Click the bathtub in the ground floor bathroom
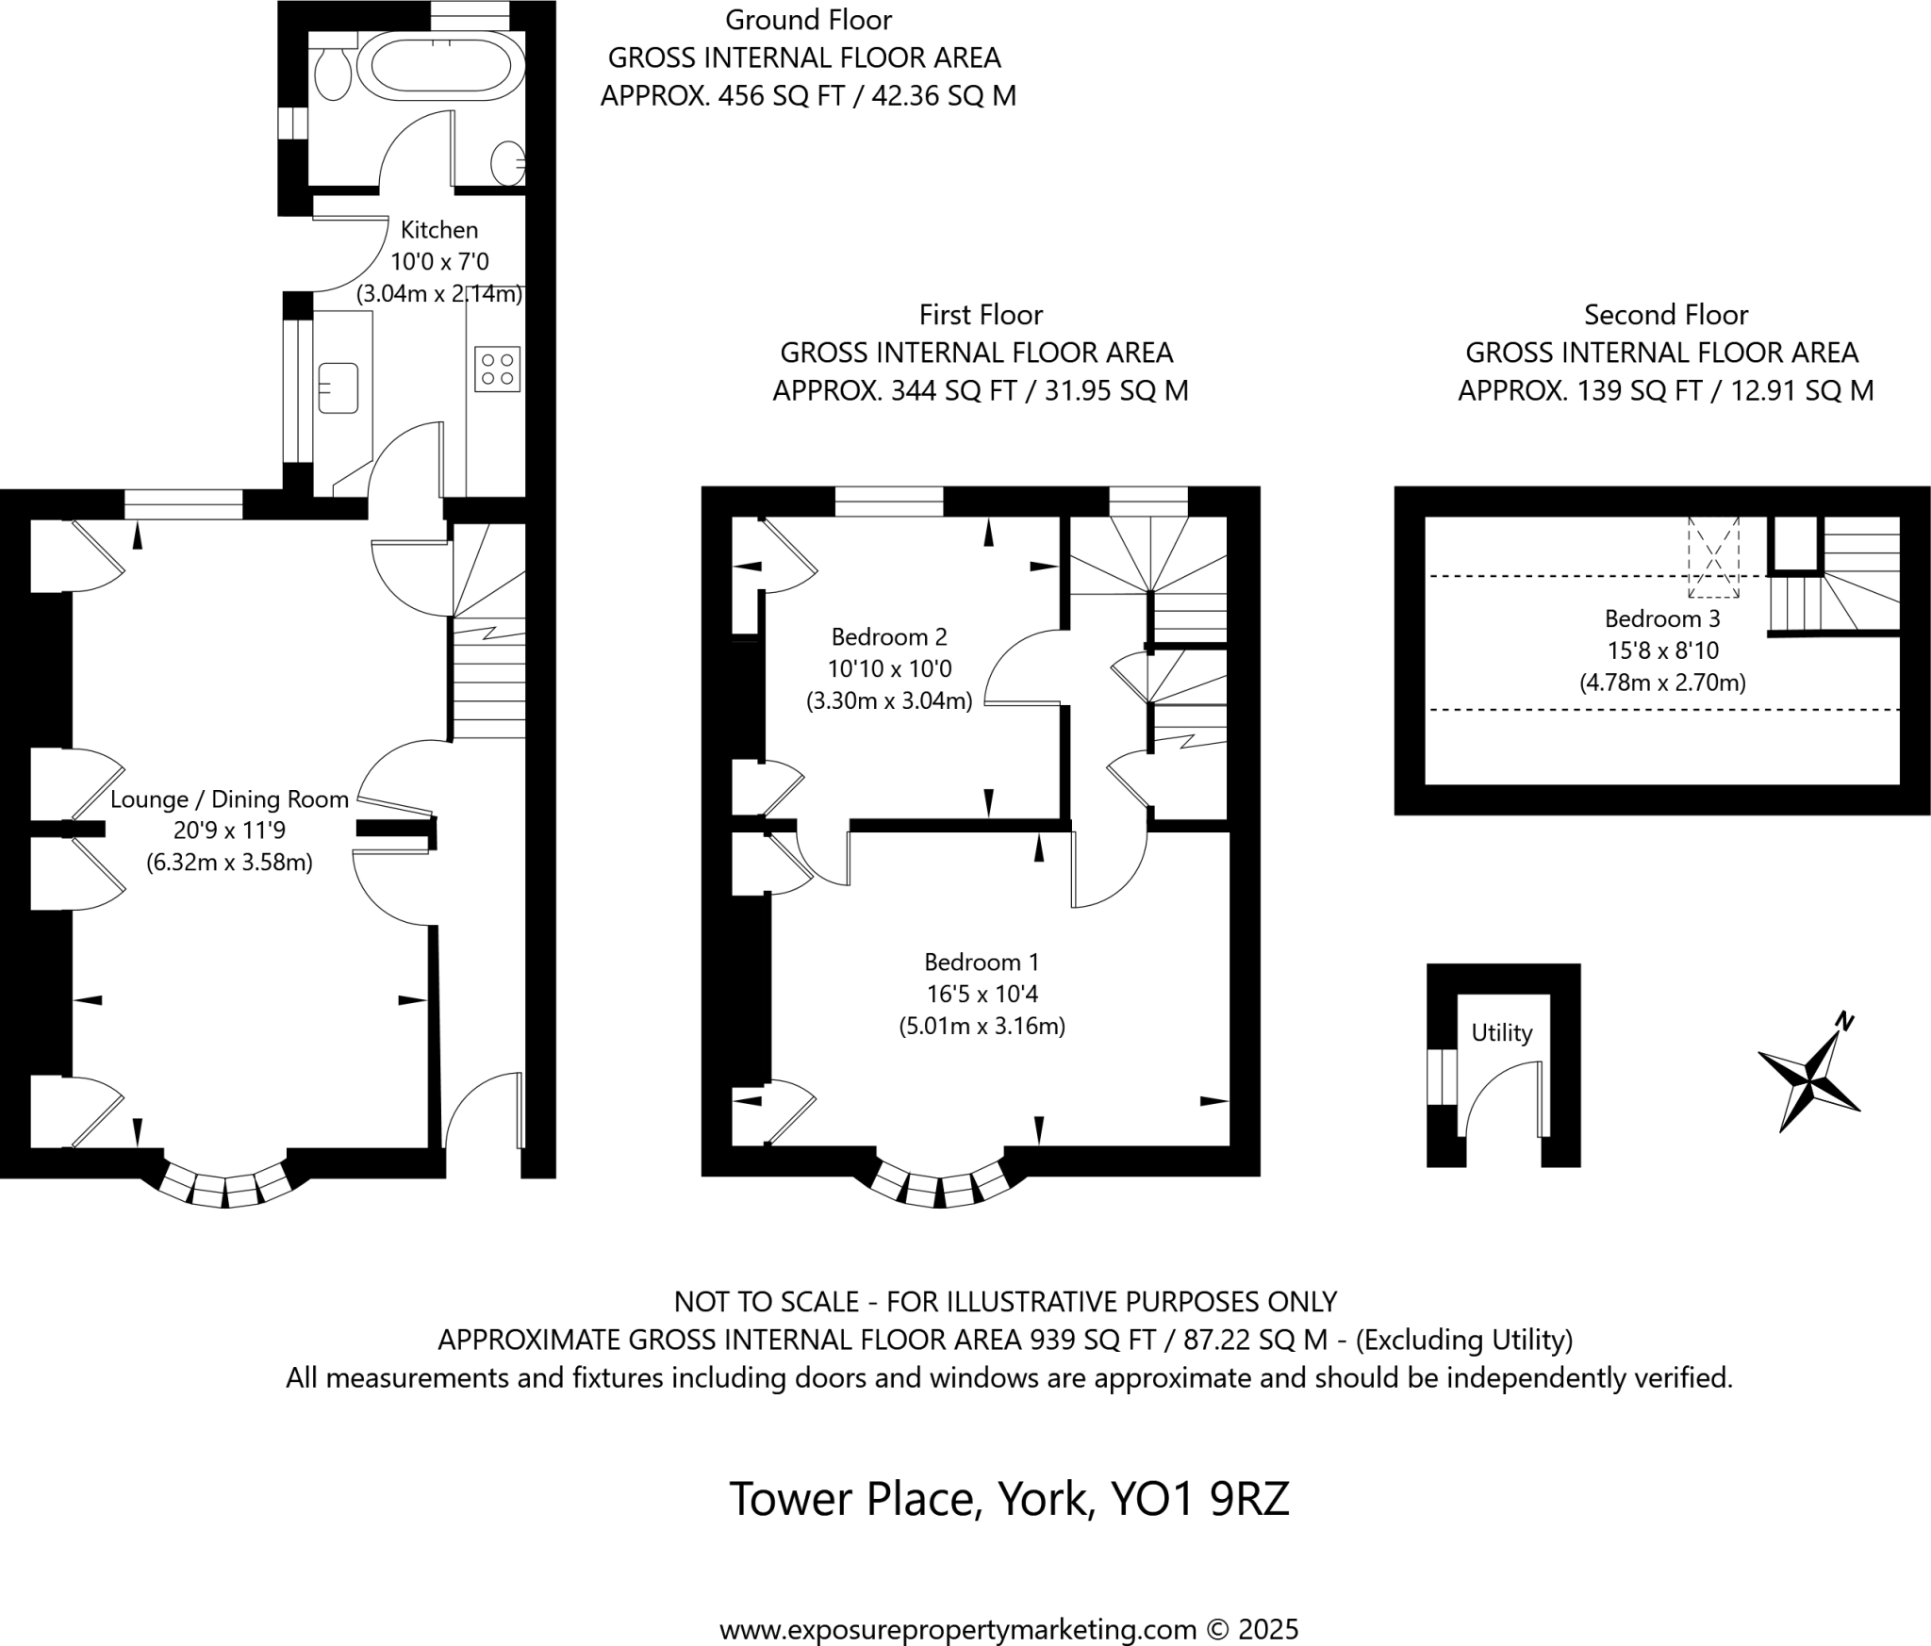click(440, 66)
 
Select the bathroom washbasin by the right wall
click(509, 164)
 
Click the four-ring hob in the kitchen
click(498, 369)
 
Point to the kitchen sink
click(338, 387)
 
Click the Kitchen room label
click(439, 230)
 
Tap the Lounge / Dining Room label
click(229, 799)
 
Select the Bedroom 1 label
click(982, 962)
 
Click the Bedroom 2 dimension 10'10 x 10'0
click(889, 669)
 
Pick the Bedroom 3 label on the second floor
click(1662, 618)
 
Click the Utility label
click(1501, 1032)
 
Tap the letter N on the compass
click(1844, 1020)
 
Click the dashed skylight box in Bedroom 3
click(1713, 557)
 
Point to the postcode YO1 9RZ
click(1199, 1498)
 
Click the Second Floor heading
click(1665, 314)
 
